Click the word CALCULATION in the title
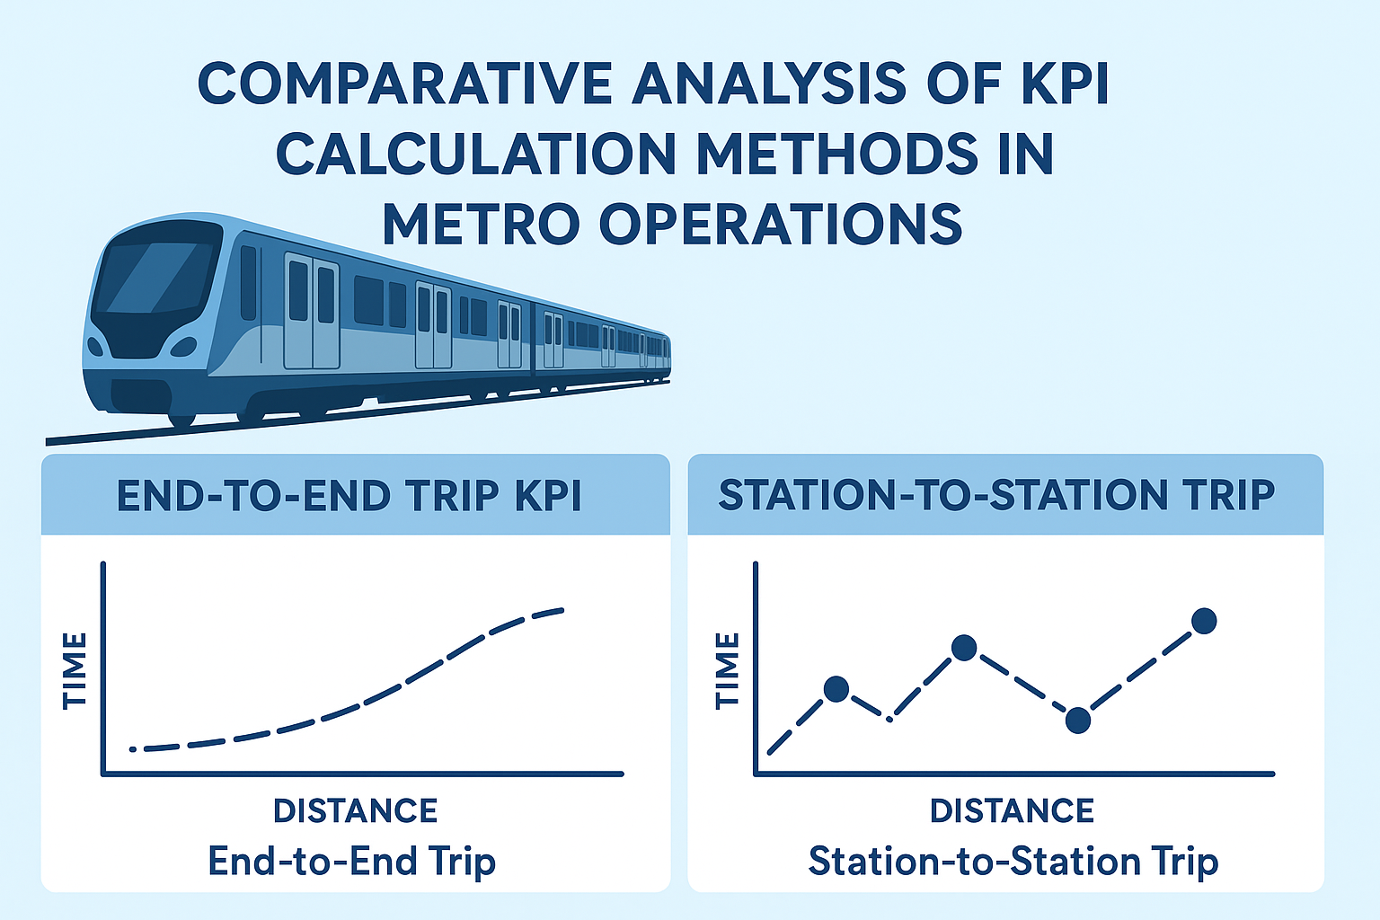pos(474,154)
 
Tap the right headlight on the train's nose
pos(184,347)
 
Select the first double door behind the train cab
pos(312,311)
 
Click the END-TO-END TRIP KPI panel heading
pos(349,495)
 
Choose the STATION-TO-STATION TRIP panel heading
pos(996,495)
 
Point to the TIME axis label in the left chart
pos(75,670)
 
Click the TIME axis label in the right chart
pos(727,670)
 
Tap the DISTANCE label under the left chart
pos(355,810)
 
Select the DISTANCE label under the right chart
pos(1012,810)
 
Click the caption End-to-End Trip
pos(351,862)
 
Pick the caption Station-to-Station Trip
pos(1013,862)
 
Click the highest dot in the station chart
pos(1204,621)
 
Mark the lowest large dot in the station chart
pos(1078,720)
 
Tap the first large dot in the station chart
pos(836,689)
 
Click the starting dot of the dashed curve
pos(133,748)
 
